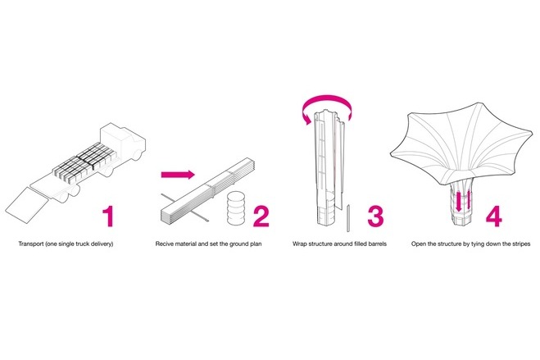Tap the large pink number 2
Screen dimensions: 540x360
tap(261, 216)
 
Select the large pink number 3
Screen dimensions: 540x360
tap(375, 216)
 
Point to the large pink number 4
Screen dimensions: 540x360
tap(493, 216)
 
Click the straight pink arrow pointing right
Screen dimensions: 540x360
tap(178, 175)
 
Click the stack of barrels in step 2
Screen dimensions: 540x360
tap(235, 207)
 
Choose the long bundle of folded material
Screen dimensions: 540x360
tap(207, 190)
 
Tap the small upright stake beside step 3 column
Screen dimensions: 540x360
tap(348, 218)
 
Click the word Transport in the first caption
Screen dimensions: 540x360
tap(30, 244)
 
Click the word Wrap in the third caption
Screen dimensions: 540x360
tap(300, 244)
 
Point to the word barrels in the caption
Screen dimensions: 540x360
tap(377, 244)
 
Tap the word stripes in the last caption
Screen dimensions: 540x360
tap(520, 244)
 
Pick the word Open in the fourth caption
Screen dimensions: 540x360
tap(419, 244)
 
